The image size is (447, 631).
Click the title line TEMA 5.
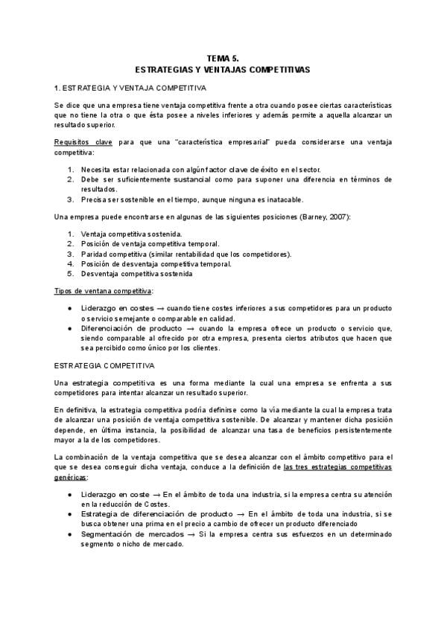223,57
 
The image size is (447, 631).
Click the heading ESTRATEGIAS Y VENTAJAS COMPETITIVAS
223,68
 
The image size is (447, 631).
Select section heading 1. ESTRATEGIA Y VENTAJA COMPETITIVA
124,88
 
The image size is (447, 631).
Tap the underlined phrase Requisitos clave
82,141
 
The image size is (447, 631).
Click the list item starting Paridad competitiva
186,254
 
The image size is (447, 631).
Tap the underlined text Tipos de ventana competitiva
104,289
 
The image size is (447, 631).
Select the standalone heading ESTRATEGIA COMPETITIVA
104,366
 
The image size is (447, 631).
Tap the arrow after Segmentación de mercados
191,534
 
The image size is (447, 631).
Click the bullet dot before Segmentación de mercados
69,534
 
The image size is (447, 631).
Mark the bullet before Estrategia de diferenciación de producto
69,515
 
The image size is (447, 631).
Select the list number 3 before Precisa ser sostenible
70,199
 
